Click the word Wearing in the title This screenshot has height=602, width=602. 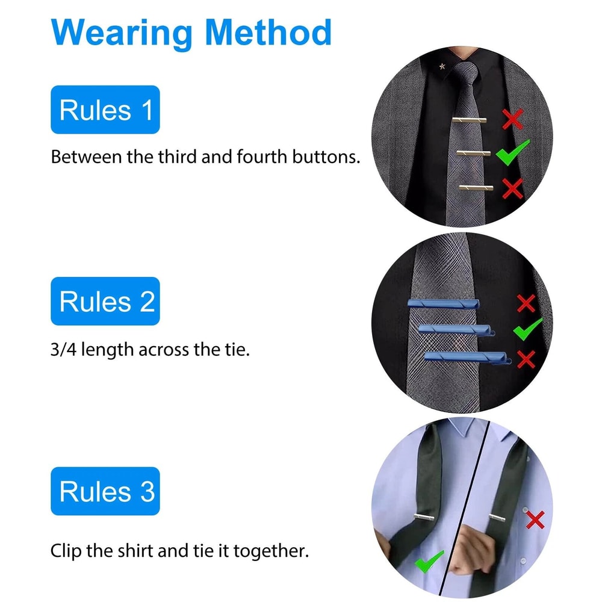point(121,34)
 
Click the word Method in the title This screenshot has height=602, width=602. point(268,33)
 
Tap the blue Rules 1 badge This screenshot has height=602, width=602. point(105,110)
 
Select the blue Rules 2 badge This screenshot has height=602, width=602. point(105,301)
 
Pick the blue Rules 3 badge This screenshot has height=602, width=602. point(105,491)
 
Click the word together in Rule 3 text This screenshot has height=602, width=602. point(271,551)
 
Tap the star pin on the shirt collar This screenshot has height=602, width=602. point(442,66)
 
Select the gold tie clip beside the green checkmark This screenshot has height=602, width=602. point(473,153)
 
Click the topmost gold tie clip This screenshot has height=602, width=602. point(469,120)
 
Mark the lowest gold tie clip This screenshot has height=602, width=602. point(476,188)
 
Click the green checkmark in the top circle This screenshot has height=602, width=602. point(512,152)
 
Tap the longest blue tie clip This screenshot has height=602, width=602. point(468,358)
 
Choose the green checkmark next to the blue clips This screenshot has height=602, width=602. point(528,329)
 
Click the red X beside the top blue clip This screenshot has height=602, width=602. point(526,303)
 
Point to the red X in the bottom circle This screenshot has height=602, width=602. point(535,520)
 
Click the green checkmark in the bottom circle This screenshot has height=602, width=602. point(429,561)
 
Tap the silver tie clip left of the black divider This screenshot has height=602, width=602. point(424,517)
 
